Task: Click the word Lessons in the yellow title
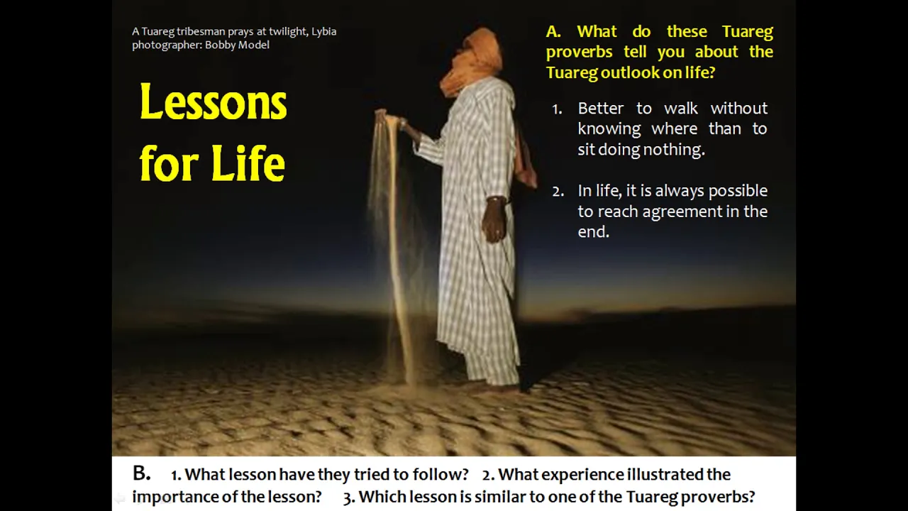click(214, 101)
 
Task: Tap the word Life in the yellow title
click(248, 163)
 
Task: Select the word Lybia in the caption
click(324, 32)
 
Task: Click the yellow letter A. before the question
click(553, 32)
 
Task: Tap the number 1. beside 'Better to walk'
click(557, 109)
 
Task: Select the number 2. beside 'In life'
click(558, 192)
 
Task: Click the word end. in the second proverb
click(594, 231)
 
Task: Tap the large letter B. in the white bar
click(141, 473)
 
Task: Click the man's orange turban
click(475, 61)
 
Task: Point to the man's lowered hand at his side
click(495, 219)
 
